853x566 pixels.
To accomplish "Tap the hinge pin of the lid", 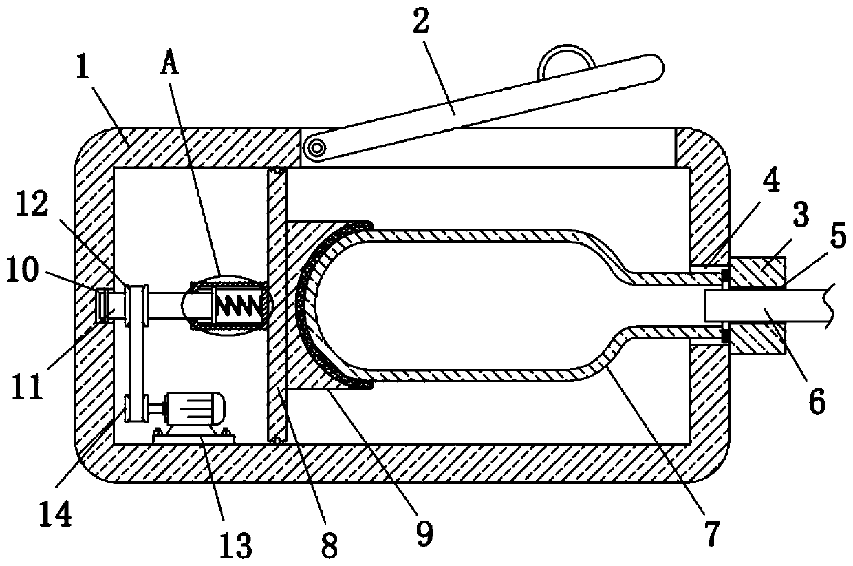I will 316,147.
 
